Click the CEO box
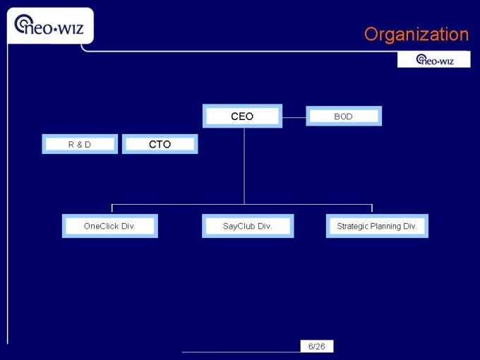point(242,116)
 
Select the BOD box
point(343,116)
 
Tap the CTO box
point(160,144)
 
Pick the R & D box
point(80,144)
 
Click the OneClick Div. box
point(109,226)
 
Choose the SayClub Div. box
point(247,226)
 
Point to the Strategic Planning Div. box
point(377,226)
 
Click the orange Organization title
point(416,34)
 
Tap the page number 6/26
point(317,346)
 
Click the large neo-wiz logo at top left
point(49,25)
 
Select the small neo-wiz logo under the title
point(433,60)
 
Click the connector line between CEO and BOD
point(294,116)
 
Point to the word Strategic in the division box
point(353,226)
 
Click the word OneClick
point(101,226)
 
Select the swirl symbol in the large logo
point(24,23)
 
